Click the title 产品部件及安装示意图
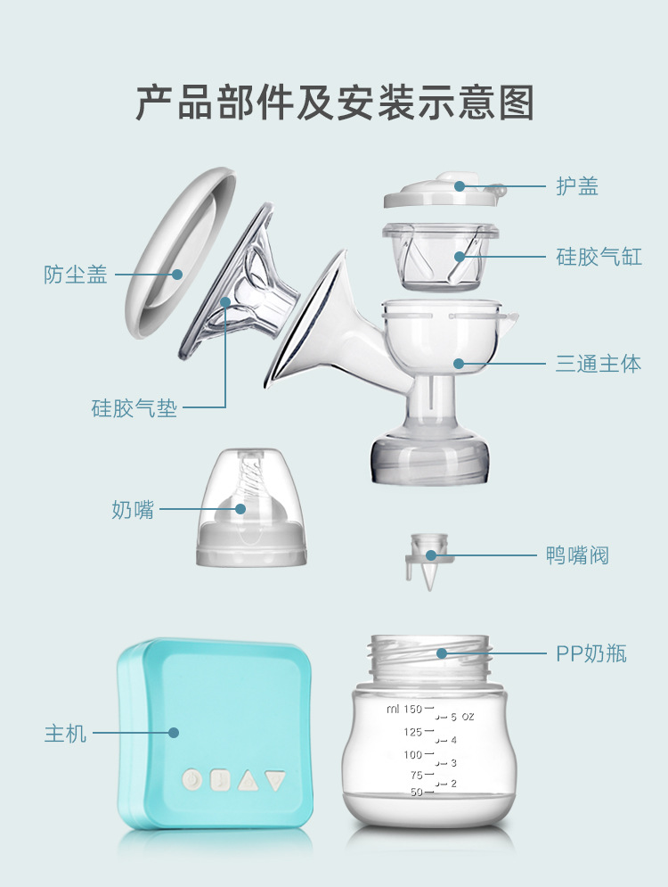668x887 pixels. (335, 103)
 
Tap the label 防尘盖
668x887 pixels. (75, 275)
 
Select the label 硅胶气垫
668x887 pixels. (134, 408)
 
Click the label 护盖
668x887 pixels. (577, 186)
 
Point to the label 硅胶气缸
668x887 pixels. (599, 257)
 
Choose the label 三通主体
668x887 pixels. (599, 364)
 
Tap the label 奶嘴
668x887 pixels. (133, 509)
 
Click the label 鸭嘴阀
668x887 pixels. (577, 555)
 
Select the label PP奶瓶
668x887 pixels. (591, 653)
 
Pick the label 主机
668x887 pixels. (66, 733)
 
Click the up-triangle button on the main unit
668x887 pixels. (248, 781)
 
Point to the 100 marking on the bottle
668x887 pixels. (413, 755)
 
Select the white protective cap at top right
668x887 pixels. (445, 190)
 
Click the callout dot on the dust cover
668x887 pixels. (177, 275)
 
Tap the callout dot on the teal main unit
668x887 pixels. (174, 733)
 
